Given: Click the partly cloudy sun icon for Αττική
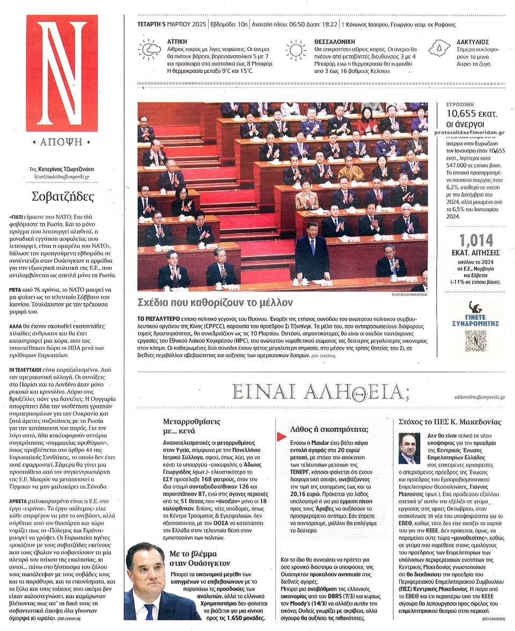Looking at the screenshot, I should tap(149, 50).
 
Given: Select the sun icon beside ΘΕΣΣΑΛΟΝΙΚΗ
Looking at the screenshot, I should tap(296, 50).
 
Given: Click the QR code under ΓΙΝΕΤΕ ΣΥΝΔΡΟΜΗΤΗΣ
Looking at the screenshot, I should tap(475, 341).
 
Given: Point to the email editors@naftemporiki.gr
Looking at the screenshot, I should tap(479, 397).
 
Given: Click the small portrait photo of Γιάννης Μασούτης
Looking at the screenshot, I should tap(410, 449).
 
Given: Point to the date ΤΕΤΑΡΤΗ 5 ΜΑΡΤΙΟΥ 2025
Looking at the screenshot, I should tap(171, 24).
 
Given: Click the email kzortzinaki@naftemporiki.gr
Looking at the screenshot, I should tap(60, 176).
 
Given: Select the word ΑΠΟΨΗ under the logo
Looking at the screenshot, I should tap(62, 142).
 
